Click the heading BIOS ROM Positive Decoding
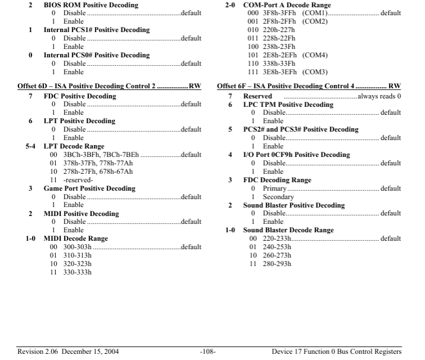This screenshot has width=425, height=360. tap(91, 5)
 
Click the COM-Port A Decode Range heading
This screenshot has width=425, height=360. tap(287, 5)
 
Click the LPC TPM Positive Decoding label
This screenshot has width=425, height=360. tap(288, 105)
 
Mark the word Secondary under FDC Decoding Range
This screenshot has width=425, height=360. tap(278, 197)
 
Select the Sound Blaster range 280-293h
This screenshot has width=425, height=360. tap(277, 264)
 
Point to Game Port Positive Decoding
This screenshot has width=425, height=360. tap(90, 188)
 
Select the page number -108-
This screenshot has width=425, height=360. tap(208, 352)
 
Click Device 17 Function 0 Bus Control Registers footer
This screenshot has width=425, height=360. tap(337, 352)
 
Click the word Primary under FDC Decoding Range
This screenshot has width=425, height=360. tap(275, 188)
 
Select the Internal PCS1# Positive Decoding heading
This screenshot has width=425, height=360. tap(97, 30)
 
